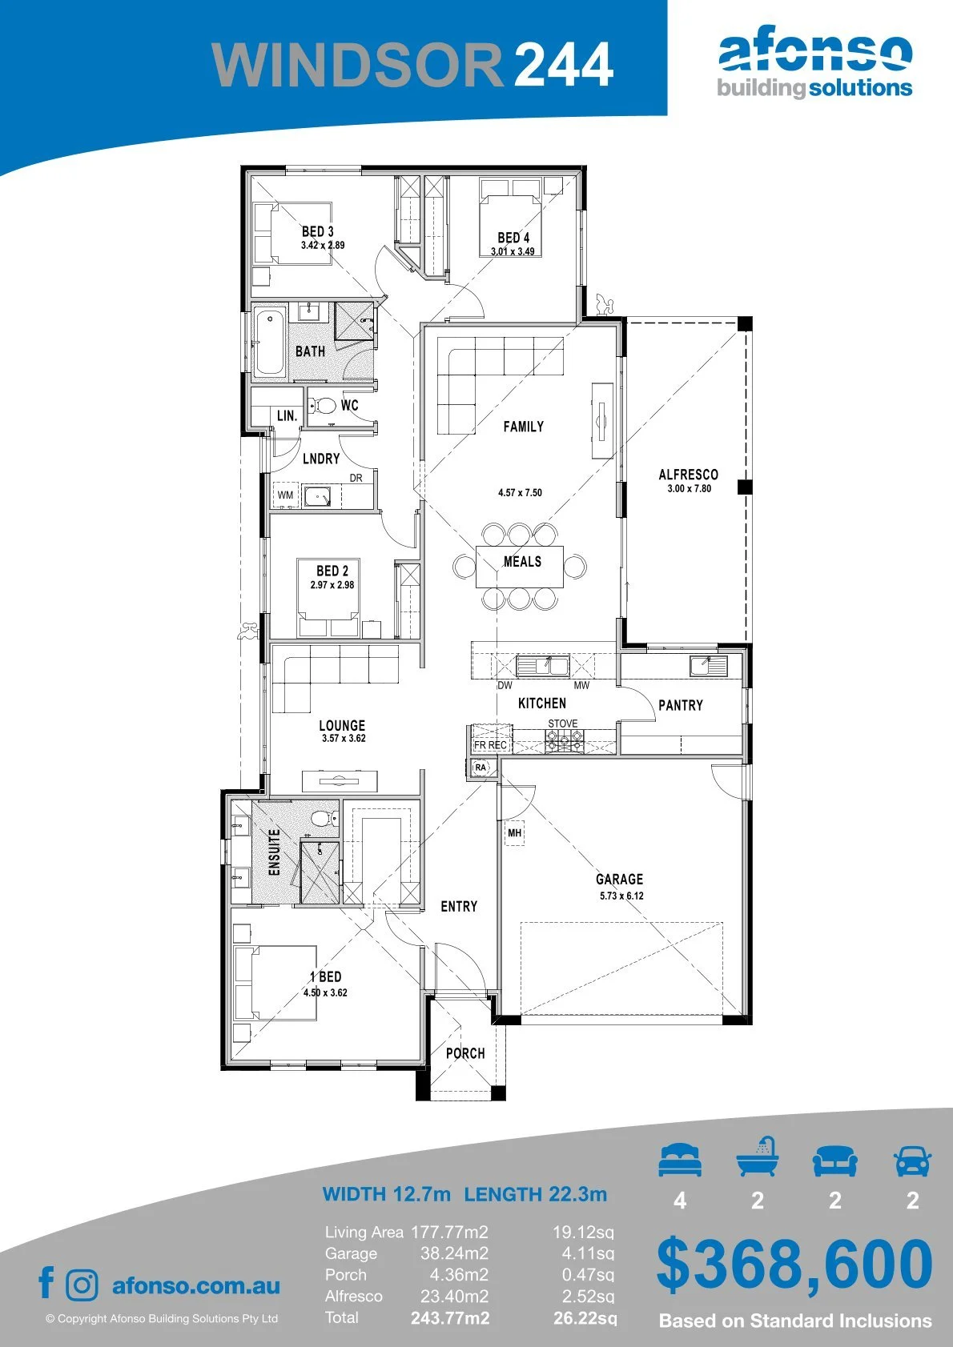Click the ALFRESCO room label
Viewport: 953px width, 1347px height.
tap(688, 475)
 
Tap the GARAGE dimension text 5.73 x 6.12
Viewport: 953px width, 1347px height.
tap(621, 896)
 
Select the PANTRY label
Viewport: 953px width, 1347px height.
tap(681, 705)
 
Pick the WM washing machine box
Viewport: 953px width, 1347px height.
tap(286, 495)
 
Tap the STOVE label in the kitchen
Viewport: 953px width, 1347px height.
tap(562, 724)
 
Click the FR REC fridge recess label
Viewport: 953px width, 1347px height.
tap(490, 745)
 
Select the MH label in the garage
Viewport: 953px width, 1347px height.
tap(514, 833)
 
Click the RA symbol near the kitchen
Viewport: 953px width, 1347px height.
tap(481, 768)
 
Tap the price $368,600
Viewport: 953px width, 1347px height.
tap(794, 1264)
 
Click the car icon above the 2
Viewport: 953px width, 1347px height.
tap(913, 1160)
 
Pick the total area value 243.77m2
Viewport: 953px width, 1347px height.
tap(450, 1317)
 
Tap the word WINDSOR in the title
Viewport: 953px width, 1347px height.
tap(356, 64)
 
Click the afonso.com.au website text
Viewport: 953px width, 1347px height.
tap(196, 1285)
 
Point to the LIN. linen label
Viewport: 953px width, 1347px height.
tap(287, 415)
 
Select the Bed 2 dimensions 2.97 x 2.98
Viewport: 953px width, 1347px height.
tap(332, 584)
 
